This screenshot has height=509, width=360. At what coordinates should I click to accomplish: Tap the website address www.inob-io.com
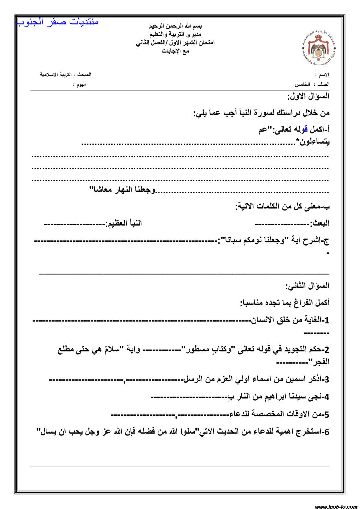[336, 506]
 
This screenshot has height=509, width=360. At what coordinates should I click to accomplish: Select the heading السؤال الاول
[309, 96]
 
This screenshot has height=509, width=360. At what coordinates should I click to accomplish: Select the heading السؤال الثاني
[307, 286]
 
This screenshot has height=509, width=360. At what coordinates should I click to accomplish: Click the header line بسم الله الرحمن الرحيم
[175, 26]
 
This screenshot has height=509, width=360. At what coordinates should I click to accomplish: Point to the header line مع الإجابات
[175, 51]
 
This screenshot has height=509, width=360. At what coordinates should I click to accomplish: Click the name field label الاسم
[324, 75]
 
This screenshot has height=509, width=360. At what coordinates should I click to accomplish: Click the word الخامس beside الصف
[302, 84]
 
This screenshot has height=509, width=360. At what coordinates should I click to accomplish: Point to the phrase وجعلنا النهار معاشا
[122, 190]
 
